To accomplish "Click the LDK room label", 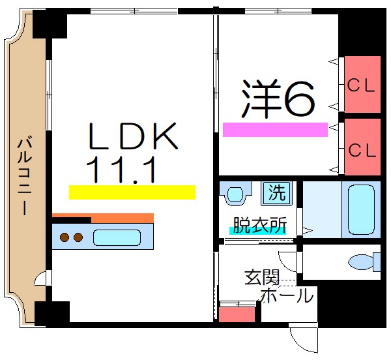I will (132, 138).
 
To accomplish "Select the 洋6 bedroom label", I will (279, 99).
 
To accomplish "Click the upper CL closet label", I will (361, 85).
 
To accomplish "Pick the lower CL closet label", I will (362, 150).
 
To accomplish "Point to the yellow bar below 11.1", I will (132, 192).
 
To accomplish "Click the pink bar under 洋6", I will (274, 130).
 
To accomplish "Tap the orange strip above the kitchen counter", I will (103, 218).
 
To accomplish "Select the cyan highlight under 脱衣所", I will (257, 231).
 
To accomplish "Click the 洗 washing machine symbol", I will (278, 193).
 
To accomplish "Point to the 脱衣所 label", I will (259, 225).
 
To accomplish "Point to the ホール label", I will (287, 296).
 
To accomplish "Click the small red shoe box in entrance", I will (237, 314).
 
